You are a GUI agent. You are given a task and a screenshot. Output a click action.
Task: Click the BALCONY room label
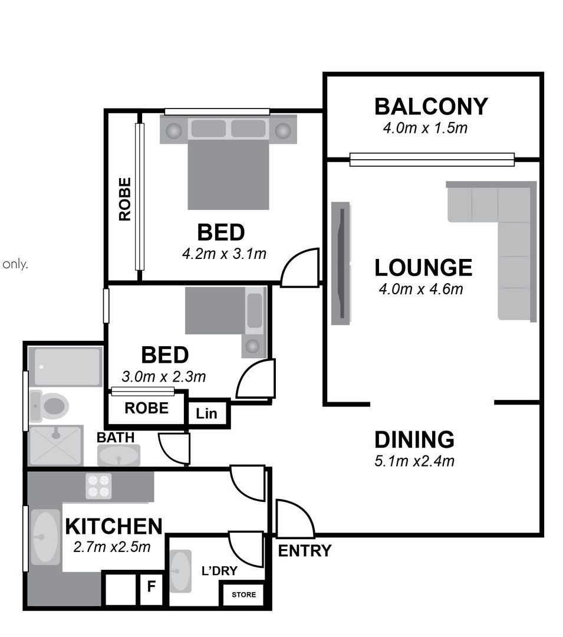[431, 107]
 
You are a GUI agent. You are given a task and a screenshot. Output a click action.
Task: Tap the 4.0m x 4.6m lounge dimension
[421, 289]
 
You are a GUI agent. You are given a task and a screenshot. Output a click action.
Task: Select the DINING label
[414, 439]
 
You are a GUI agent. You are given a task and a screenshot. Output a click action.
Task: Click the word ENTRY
[304, 551]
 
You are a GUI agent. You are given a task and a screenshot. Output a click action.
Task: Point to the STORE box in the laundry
[243, 595]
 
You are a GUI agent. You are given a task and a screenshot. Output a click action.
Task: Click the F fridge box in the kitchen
[151, 587]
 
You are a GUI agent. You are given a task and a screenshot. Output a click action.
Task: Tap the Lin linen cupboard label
[206, 413]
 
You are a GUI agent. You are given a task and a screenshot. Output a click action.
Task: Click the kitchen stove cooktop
[98, 486]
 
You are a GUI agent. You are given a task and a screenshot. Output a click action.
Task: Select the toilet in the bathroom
[49, 406]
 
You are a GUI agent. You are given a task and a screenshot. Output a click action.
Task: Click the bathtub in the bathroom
[65, 366]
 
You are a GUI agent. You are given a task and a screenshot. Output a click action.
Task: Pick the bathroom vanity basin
[118, 455]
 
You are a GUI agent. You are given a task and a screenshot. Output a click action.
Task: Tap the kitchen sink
[45, 537]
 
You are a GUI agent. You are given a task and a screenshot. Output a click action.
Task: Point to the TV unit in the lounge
[341, 263]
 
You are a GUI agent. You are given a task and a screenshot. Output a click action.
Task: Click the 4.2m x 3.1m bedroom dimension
[224, 254]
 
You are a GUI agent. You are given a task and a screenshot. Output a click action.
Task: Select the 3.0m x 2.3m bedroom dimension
[163, 377]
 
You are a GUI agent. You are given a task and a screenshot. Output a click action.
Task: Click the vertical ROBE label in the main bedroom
[124, 199]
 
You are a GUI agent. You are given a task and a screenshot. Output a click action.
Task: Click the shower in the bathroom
[56, 446]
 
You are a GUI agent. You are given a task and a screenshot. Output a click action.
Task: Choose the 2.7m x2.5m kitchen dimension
[111, 547]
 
